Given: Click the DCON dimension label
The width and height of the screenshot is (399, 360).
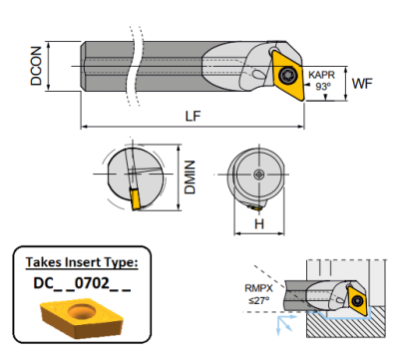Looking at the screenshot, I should pyautogui.click(x=37, y=66).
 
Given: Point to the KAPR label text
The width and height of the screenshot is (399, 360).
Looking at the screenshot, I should pyautogui.click(x=321, y=75).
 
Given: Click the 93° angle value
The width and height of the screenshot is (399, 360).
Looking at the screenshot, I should pyautogui.click(x=322, y=87).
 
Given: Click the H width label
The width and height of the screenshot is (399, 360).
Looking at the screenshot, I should pyautogui.click(x=257, y=225).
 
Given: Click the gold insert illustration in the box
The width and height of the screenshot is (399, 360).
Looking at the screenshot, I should pyautogui.click(x=77, y=317).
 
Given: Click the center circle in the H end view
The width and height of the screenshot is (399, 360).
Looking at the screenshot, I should pyautogui.click(x=258, y=175).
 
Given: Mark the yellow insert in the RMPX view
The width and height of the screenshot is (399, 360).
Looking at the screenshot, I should pyautogui.click(x=357, y=300).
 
